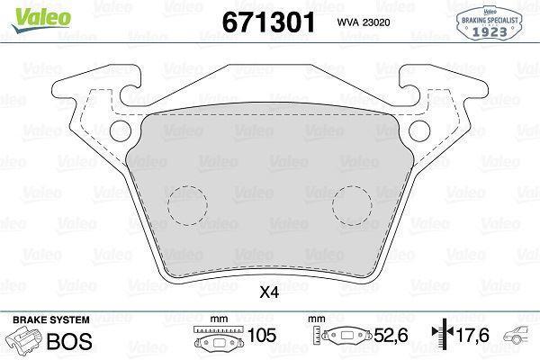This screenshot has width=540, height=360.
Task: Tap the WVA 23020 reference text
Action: tap(364, 25)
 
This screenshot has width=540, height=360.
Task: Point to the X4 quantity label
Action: tap(269, 290)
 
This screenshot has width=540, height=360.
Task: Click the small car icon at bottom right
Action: tap(520, 339)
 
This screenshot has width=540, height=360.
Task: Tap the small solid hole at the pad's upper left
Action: tap(120, 132)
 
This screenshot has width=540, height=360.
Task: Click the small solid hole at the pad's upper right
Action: tap(420, 132)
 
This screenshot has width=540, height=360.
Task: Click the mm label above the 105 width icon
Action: tap(217, 319)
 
